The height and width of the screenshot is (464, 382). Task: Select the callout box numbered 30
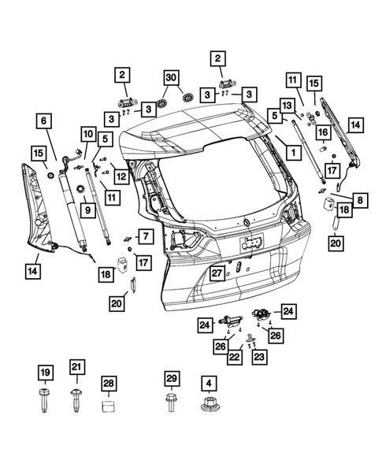tap(172, 77)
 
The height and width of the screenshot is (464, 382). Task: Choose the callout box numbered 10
tap(86, 134)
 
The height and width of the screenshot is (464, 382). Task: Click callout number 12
tap(121, 176)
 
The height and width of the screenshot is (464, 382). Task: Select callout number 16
tap(322, 132)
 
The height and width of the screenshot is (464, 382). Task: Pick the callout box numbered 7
tap(144, 236)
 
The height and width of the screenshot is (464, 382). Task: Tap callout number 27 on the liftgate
tap(217, 273)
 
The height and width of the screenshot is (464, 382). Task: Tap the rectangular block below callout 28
tap(109, 407)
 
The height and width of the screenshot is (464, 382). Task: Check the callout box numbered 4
tap(208, 383)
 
